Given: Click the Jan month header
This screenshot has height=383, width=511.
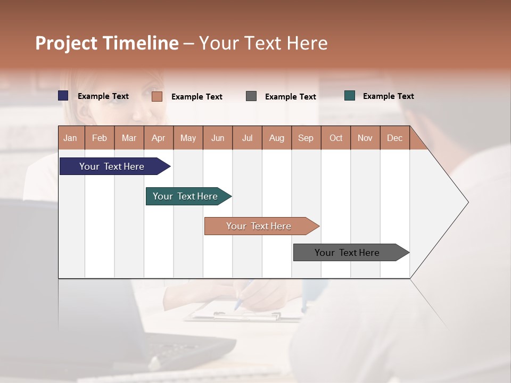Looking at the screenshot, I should (71, 138).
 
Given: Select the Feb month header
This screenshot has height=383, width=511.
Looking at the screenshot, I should (100, 138).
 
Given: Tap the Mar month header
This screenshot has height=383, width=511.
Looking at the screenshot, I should (129, 138).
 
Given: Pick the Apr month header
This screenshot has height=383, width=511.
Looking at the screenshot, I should (159, 138).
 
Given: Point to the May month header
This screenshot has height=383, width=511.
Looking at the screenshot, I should (188, 138).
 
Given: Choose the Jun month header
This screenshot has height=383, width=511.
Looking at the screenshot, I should (218, 138).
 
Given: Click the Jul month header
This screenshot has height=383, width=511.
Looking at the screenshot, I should (247, 138).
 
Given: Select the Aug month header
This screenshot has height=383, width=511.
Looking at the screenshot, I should (277, 138).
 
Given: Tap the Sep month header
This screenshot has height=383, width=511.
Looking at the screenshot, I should (306, 138).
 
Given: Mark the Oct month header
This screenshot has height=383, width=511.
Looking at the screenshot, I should (336, 138).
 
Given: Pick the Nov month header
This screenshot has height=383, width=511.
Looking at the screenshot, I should (365, 138).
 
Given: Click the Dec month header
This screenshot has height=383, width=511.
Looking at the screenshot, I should (395, 138).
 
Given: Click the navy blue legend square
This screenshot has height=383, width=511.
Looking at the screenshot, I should (63, 96).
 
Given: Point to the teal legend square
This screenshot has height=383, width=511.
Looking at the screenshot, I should (350, 96).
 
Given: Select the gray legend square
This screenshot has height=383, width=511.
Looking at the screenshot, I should (251, 96).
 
